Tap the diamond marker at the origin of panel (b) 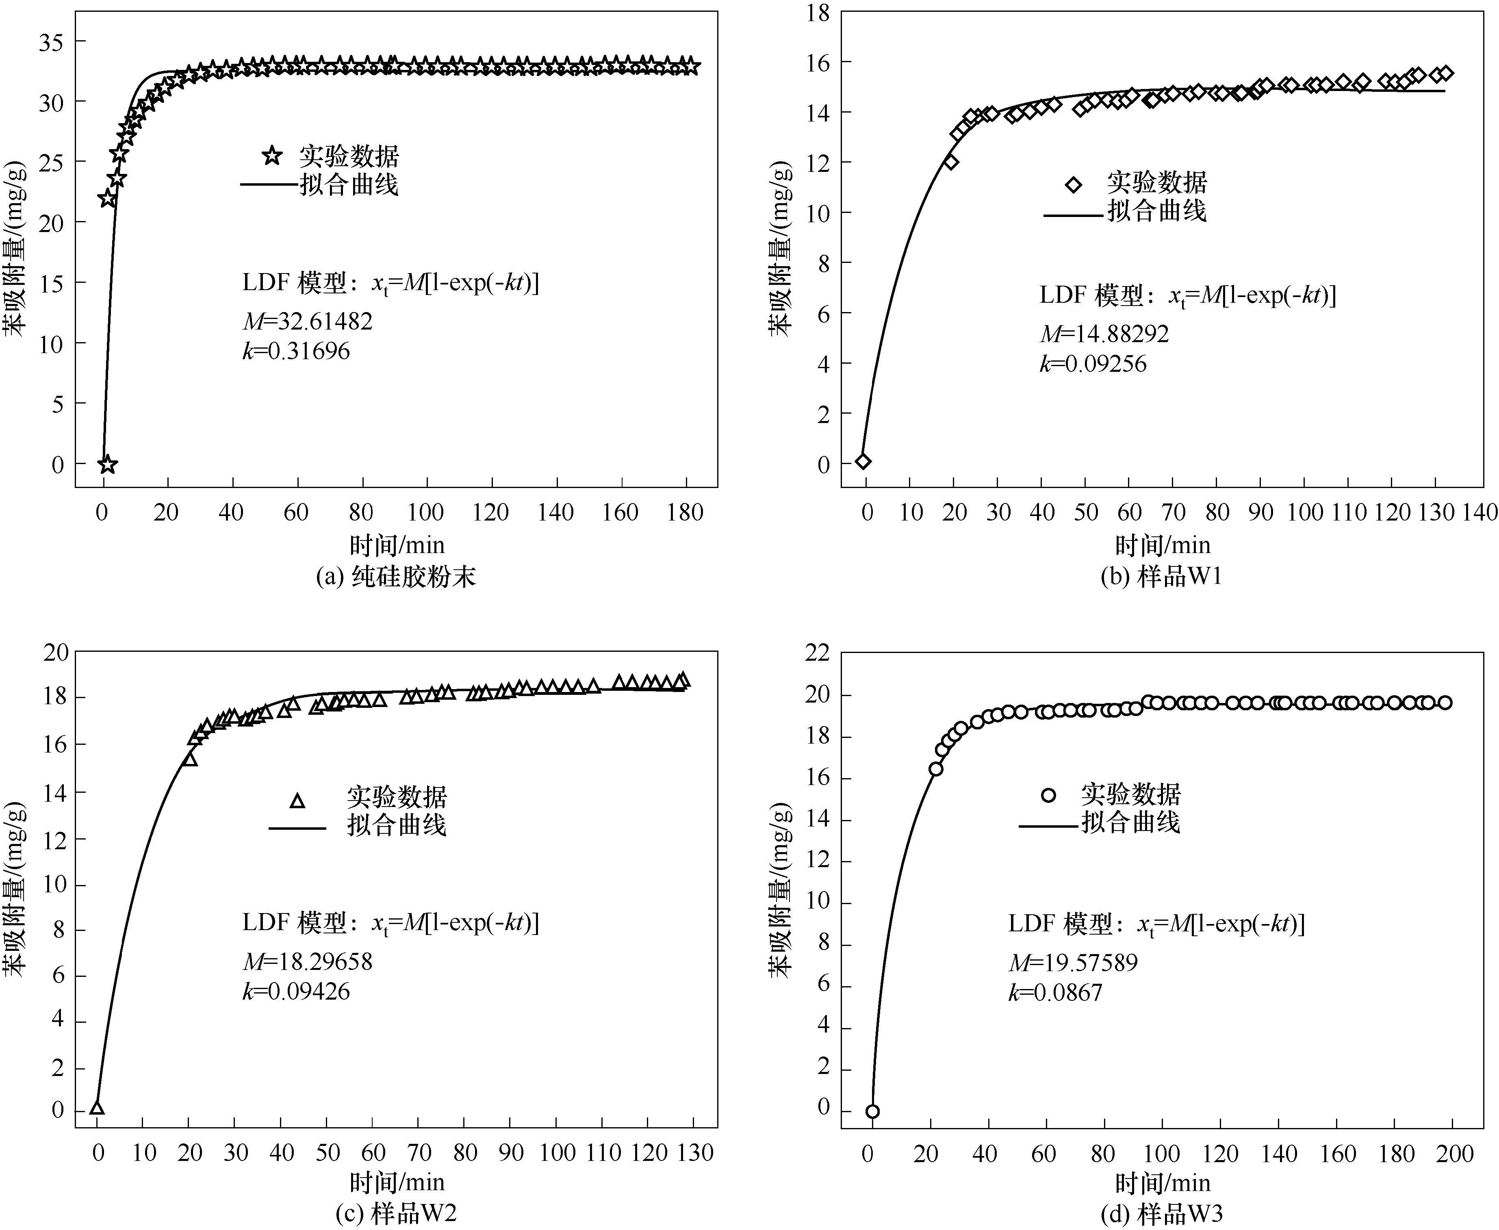click(863, 461)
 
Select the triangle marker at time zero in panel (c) click(97, 1108)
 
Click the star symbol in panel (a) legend click(272, 156)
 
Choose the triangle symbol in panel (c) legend click(297, 800)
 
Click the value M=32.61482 click(308, 322)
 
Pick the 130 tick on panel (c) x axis click(694, 1153)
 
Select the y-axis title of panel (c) click(15, 889)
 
